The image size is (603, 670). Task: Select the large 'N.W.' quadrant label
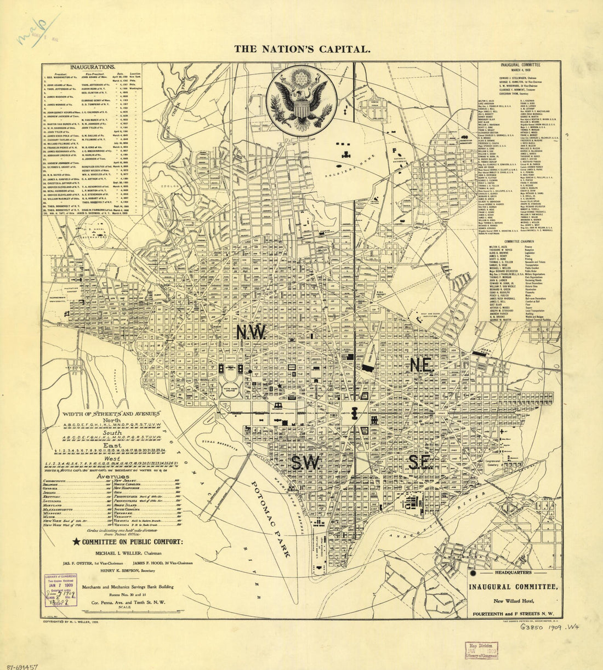[x=251, y=331]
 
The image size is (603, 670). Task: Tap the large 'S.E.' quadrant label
[x=419, y=463]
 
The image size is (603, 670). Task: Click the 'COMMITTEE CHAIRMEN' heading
[x=520, y=241]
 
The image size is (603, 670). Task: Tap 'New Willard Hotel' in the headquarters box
[x=513, y=602]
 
